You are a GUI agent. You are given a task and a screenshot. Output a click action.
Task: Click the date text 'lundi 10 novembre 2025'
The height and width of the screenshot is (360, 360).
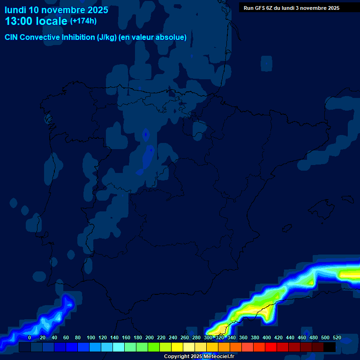(56, 10)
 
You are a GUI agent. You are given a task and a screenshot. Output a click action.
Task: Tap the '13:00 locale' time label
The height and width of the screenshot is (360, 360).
(36, 21)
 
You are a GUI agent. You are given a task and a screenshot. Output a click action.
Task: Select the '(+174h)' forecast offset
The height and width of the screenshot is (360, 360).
(83, 21)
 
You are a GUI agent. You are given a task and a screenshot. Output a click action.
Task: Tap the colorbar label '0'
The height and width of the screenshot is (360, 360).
(30, 337)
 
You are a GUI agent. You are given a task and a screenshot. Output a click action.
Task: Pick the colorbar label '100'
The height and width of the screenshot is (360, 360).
(91, 337)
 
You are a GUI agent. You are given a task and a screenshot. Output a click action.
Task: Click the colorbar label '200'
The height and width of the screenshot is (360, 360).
(150, 337)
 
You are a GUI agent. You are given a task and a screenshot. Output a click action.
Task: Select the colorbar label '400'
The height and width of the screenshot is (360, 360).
(267, 337)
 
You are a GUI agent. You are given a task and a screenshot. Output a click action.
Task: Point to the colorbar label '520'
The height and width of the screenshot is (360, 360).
(337, 337)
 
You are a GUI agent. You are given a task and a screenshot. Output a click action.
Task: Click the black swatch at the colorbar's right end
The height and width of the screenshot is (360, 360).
(330, 347)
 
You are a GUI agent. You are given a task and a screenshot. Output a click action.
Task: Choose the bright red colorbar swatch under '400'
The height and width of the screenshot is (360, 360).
(271, 347)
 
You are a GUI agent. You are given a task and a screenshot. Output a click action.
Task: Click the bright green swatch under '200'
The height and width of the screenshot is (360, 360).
(154, 347)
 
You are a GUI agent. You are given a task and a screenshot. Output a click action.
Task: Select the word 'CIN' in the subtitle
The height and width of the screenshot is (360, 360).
(12, 37)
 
